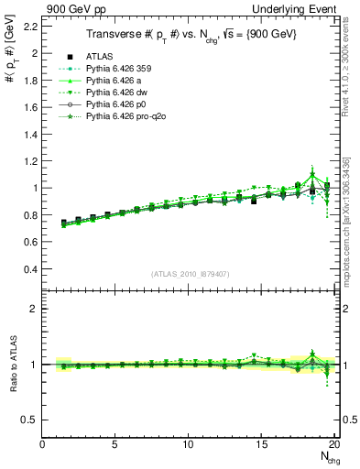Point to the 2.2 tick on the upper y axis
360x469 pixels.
point(29,26)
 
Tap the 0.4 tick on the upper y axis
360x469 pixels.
point(29,269)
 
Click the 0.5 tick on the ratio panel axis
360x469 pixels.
point(29,420)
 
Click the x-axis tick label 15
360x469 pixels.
point(261,445)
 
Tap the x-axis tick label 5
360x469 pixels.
point(115,445)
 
